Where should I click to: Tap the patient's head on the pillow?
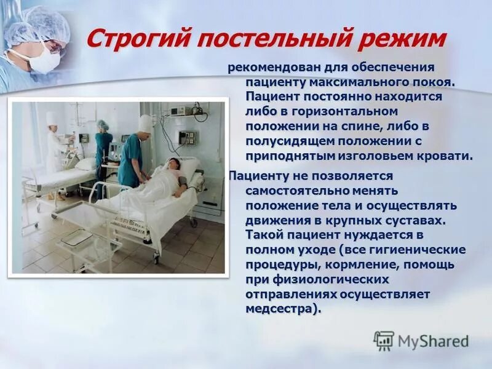pyautogui.click(x=173, y=164)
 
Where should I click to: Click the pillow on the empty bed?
pyautogui.click(x=85, y=164)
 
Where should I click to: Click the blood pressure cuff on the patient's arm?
pyautogui.click(x=183, y=180)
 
